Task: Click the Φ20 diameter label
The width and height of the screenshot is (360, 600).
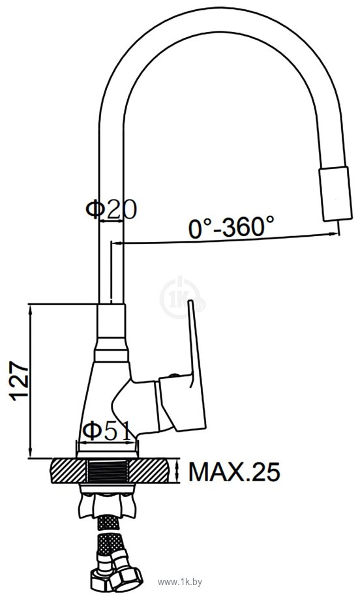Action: tap(111, 209)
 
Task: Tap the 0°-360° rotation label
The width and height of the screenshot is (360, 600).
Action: tap(232, 226)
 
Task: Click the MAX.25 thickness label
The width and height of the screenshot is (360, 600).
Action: tap(234, 472)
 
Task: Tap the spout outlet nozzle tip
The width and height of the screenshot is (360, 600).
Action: tap(335, 193)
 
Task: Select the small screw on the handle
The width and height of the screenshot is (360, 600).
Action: tap(173, 376)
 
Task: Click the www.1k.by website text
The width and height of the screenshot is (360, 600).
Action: tap(180, 582)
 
